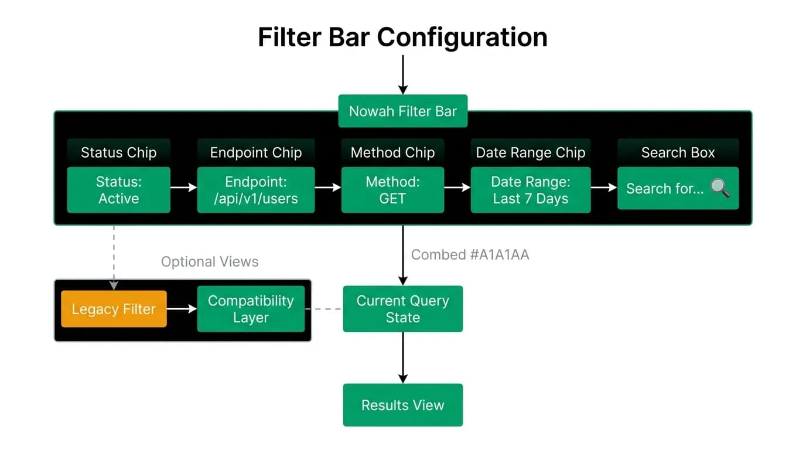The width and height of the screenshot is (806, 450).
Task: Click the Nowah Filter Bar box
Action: coord(402,111)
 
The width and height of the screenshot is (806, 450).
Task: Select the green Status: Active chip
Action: coord(119,190)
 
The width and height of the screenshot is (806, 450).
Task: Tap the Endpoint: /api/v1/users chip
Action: coord(256,190)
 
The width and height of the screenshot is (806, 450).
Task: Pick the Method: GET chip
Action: coord(392,190)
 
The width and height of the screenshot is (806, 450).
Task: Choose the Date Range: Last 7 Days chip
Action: coord(530,190)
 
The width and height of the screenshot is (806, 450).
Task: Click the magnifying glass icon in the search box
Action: coord(720,187)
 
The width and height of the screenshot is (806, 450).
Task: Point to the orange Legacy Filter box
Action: coord(114,309)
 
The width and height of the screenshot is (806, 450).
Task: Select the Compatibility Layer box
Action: coord(251,309)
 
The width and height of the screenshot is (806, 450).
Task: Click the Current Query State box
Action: coord(402,309)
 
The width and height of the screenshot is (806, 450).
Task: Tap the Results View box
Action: coord(402,405)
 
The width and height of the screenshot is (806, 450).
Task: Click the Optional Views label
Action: coord(210,262)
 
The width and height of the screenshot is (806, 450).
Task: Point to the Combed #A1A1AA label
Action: coord(470,254)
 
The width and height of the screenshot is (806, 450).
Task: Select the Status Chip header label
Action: coord(119,152)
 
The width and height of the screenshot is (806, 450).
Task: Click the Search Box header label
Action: coord(678,152)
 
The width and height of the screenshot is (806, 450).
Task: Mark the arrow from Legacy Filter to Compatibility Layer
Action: coord(182,309)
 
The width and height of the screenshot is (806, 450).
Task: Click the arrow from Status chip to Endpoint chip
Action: coord(183,187)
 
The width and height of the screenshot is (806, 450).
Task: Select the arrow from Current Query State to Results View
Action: coord(402,358)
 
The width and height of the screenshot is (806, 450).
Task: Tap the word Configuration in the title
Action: coord(462,37)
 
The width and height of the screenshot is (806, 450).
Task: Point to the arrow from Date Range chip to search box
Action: coord(604,187)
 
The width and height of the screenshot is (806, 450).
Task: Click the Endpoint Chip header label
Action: coord(256,152)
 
